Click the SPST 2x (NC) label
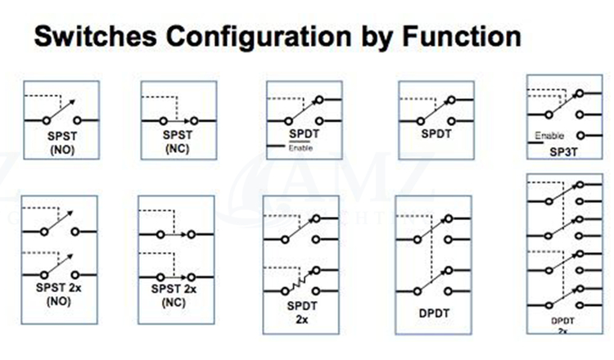tap(175, 295)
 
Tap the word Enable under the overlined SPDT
tap(301, 147)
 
